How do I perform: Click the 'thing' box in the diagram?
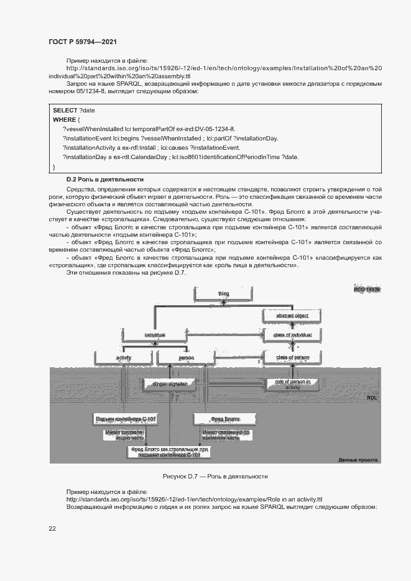[223, 293]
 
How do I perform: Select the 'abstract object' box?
[292, 316]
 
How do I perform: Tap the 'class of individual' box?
[292, 335]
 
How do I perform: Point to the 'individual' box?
[155, 335]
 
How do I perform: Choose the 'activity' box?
[124, 357]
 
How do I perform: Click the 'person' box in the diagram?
[186, 357]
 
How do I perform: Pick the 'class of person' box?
[292, 357]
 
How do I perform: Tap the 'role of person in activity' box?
[292, 384]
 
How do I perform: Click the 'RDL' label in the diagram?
[372, 397]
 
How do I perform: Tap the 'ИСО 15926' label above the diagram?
[367, 290]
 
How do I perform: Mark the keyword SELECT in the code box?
[65, 109]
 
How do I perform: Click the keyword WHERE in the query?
[64, 119]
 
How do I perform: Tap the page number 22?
[52, 528]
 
